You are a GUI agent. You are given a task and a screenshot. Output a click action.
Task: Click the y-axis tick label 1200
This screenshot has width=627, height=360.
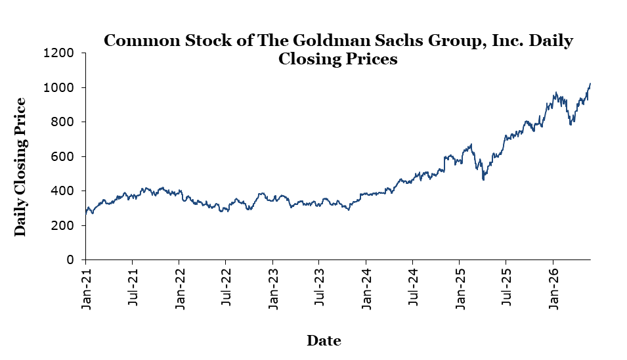(58, 53)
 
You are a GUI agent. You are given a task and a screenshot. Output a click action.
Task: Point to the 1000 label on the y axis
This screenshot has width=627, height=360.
(58, 87)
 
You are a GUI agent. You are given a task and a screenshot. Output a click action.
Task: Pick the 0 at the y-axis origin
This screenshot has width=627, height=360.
(70, 260)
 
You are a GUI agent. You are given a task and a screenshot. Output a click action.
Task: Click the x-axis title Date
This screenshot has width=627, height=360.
(324, 340)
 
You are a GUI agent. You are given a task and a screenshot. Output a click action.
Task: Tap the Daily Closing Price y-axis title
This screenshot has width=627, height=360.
(20, 167)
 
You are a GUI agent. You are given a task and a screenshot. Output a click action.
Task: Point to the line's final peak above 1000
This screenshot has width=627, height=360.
(590, 83)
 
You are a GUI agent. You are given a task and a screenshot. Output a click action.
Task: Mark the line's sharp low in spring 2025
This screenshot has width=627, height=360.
(483, 179)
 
